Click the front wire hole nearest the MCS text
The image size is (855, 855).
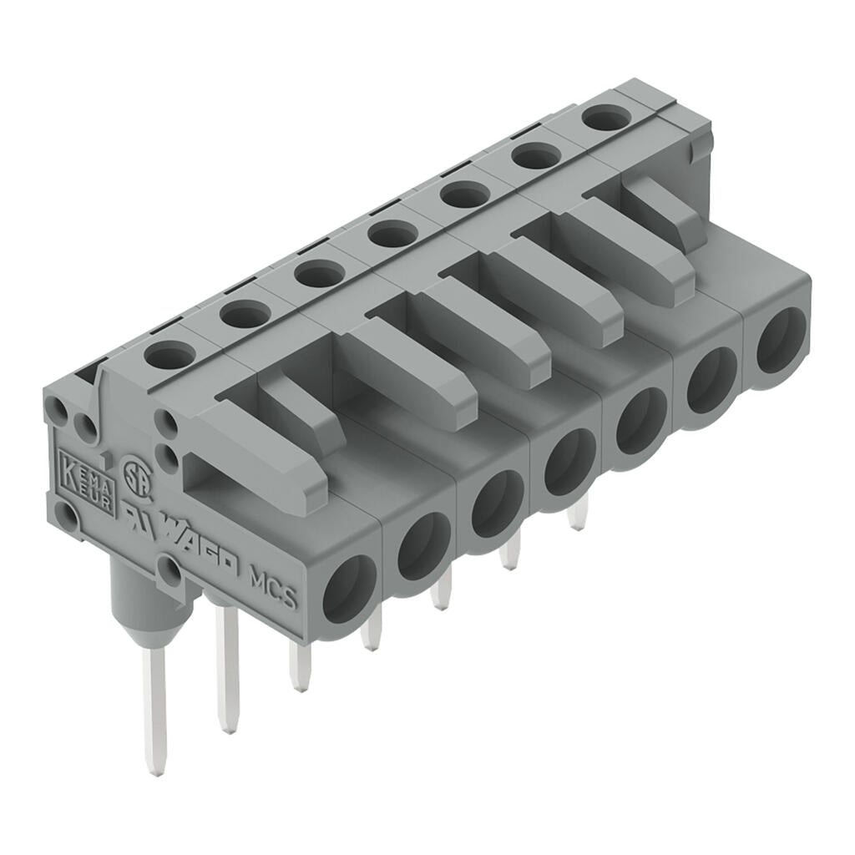350,589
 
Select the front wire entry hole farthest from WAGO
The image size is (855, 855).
782,339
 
